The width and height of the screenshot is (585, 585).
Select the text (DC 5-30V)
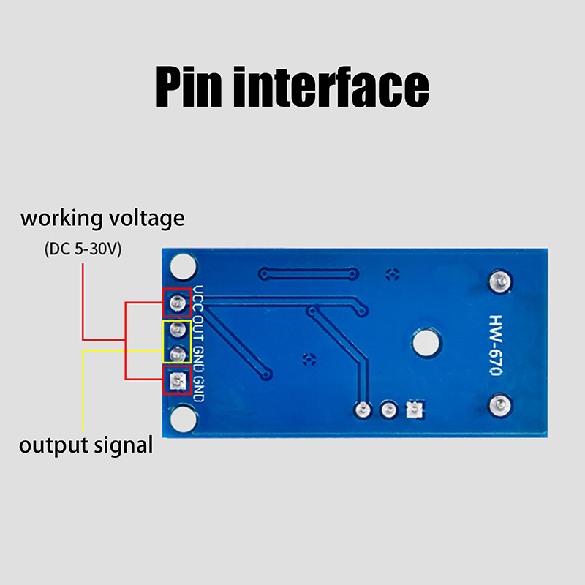click(82, 249)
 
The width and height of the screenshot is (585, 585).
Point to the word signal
click(121, 446)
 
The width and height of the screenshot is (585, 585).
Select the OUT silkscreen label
click(198, 330)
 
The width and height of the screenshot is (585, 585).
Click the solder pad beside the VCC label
click(176, 302)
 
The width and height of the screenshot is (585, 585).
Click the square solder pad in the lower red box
click(176, 381)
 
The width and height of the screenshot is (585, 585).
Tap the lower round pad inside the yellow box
click(176, 355)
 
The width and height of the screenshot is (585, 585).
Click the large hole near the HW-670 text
click(424, 341)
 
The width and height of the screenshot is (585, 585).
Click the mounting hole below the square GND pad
click(182, 418)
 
